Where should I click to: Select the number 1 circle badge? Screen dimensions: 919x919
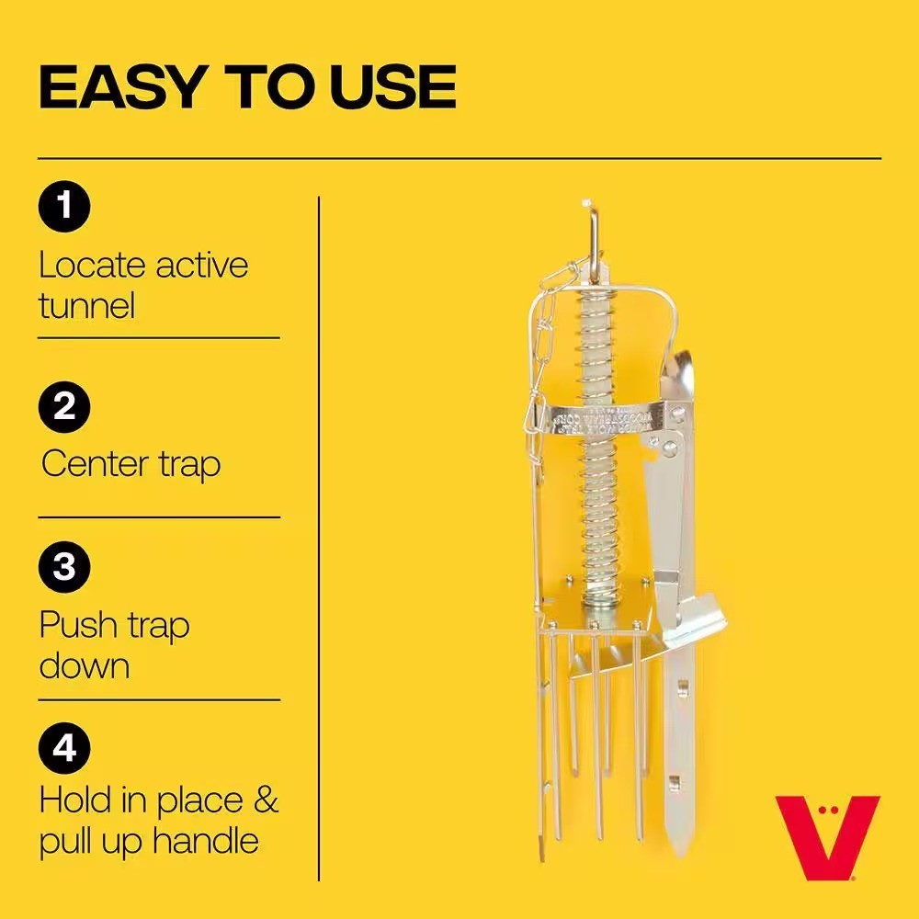[x=64, y=206]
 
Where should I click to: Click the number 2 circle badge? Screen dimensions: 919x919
[x=64, y=405]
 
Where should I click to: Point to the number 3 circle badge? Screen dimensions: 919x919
[x=64, y=567]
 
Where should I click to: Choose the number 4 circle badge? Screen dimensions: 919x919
[x=64, y=749]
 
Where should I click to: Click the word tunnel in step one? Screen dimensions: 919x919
[x=86, y=305]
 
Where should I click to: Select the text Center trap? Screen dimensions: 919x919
[x=130, y=463]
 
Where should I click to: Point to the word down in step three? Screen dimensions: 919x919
[x=85, y=664]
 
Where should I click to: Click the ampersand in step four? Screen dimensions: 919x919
[x=264, y=800]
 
